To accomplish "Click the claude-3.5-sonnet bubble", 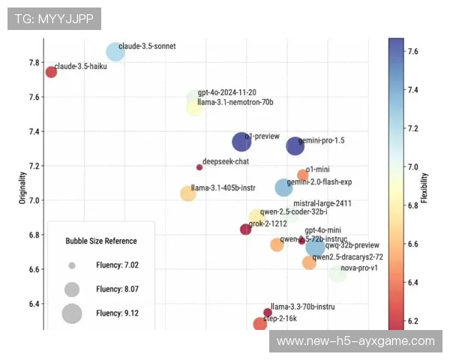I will coord(115,51).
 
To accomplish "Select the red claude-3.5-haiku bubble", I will coord(51,72).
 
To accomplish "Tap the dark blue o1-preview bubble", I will coord(241,142).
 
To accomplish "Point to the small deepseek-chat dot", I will coord(199,167).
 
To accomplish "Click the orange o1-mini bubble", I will coord(303,175).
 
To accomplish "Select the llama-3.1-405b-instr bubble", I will coord(188,193).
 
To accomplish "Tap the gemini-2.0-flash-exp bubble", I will coord(283,187).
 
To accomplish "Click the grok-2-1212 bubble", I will coord(245,229).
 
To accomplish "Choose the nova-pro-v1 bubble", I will coord(337,273).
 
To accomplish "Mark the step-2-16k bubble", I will coord(259,324).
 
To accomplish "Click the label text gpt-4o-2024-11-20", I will coord(226,92).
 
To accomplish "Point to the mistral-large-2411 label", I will coord(322,203).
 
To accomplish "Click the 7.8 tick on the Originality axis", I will coord(34,62).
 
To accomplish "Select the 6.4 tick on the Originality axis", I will coord(34,304).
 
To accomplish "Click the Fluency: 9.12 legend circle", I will coord(72,313).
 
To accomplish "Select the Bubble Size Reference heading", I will coord(101,241).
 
